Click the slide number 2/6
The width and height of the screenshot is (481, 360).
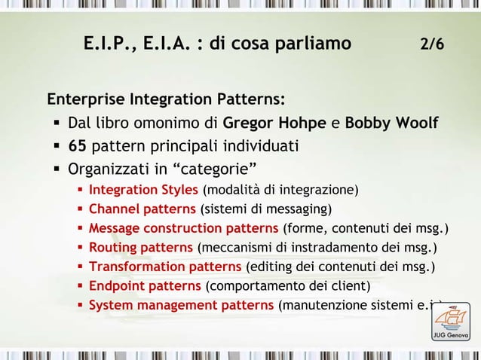[x=432, y=44]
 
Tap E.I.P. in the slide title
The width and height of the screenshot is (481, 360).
[x=109, y=44]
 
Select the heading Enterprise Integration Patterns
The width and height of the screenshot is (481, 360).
[x=166, y=99]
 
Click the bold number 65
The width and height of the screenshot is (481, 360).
[x=77, y=145]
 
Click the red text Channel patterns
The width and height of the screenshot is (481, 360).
[x=142, y=208]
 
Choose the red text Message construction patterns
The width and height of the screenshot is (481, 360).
[x=183, y=227]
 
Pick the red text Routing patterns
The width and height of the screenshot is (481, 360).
[x=140, y=247]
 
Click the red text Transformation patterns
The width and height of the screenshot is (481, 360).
[x=166, y=267]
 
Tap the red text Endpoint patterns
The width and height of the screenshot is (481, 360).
[x=145, y=286]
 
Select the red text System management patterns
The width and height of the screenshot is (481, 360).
[x=181, y=306]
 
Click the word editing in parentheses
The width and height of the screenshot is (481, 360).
[x=270, y=267]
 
